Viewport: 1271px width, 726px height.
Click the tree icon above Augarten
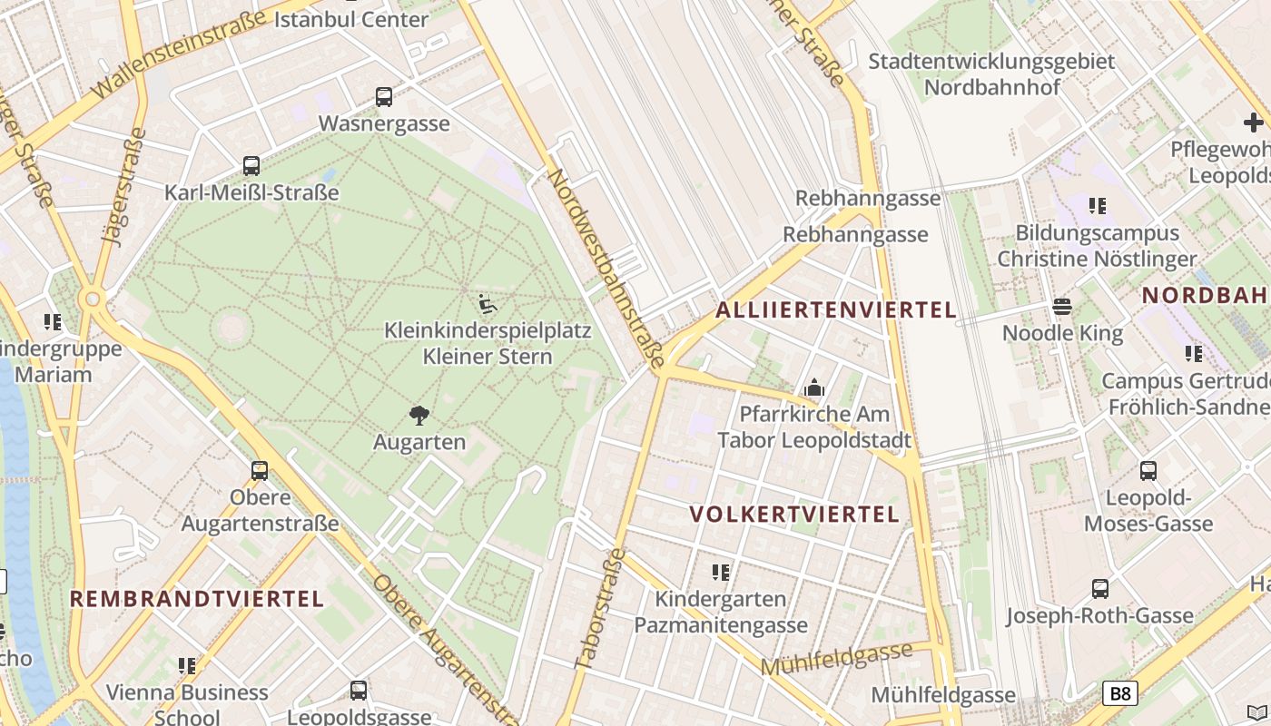click(419, 416)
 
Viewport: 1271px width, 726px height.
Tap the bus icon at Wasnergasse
click(384, 97)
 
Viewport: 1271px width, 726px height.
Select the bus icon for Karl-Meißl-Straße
click(251, 166)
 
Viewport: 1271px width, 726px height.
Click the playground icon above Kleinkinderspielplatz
click(488, 304)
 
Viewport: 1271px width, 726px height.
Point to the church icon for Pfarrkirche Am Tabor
click(814, 388)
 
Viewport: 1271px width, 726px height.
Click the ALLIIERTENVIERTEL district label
click(836, 310)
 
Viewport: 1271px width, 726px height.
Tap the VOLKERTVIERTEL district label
click(794, 515)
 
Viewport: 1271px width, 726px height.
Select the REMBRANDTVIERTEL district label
click(197, 599)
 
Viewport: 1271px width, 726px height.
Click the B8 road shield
click(1120, 694)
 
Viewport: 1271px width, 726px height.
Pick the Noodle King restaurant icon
click(1062, 307)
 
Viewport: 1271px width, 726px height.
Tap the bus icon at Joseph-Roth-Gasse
click(1100, 589)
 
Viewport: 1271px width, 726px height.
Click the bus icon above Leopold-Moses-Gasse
click(1148, 471)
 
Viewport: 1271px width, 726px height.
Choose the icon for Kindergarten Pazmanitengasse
click(721, 573)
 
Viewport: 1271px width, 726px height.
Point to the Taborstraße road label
click(601, 608)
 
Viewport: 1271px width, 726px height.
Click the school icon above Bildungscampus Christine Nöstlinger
click(1098, 206)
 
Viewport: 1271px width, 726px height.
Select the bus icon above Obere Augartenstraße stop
click(260, 471)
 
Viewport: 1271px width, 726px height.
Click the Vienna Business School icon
click(187, 666)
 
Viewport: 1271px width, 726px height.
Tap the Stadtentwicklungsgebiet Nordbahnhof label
click(991, 74)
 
